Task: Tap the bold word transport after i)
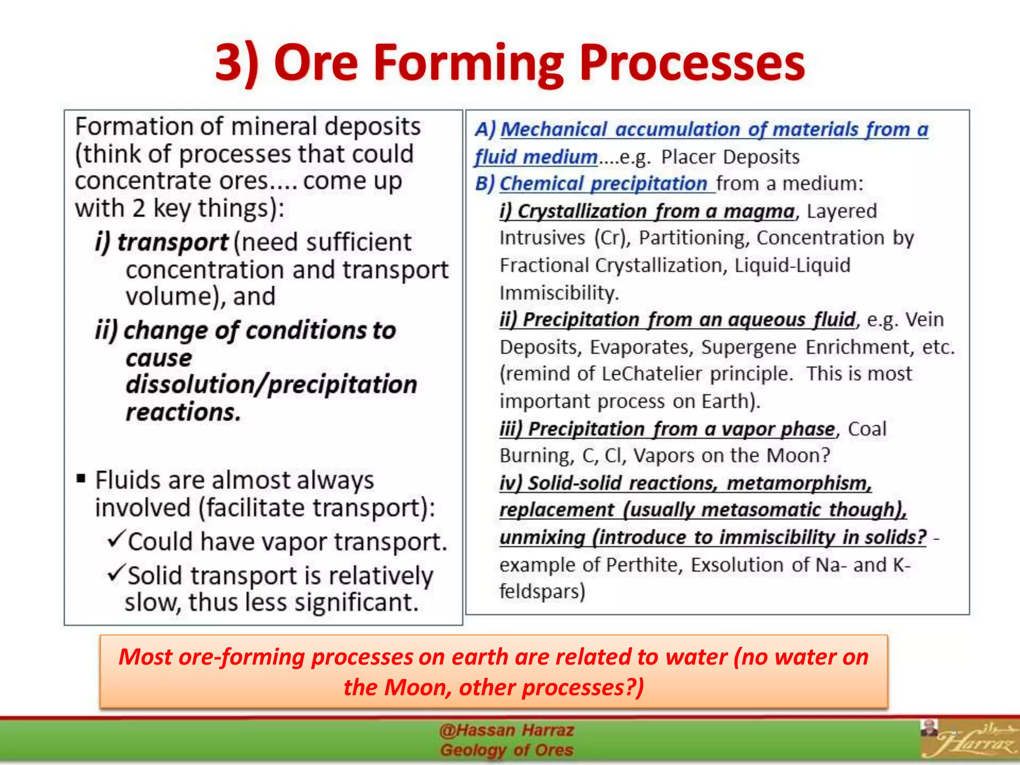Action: pyautogui.click(x=172, y=243)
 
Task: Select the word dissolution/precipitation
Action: pyautogui.click(x=271, y=384)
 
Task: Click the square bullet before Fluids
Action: pyautogui.click(x=81, y=479)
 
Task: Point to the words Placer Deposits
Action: pyautogui.click(x=730, y=157)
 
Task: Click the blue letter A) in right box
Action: pyautogui.click(x=485, y=129)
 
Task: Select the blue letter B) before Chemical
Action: pyautogui.click(x=485, y=184)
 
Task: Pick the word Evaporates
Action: pyautogui.click(x=641, y=347)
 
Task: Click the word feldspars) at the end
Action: pyautogui.click(x=542, y=592)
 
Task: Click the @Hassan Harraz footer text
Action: pyautogui.click(x=507, y=731)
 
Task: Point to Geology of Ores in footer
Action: pyautogui.click(x=507, y=750)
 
